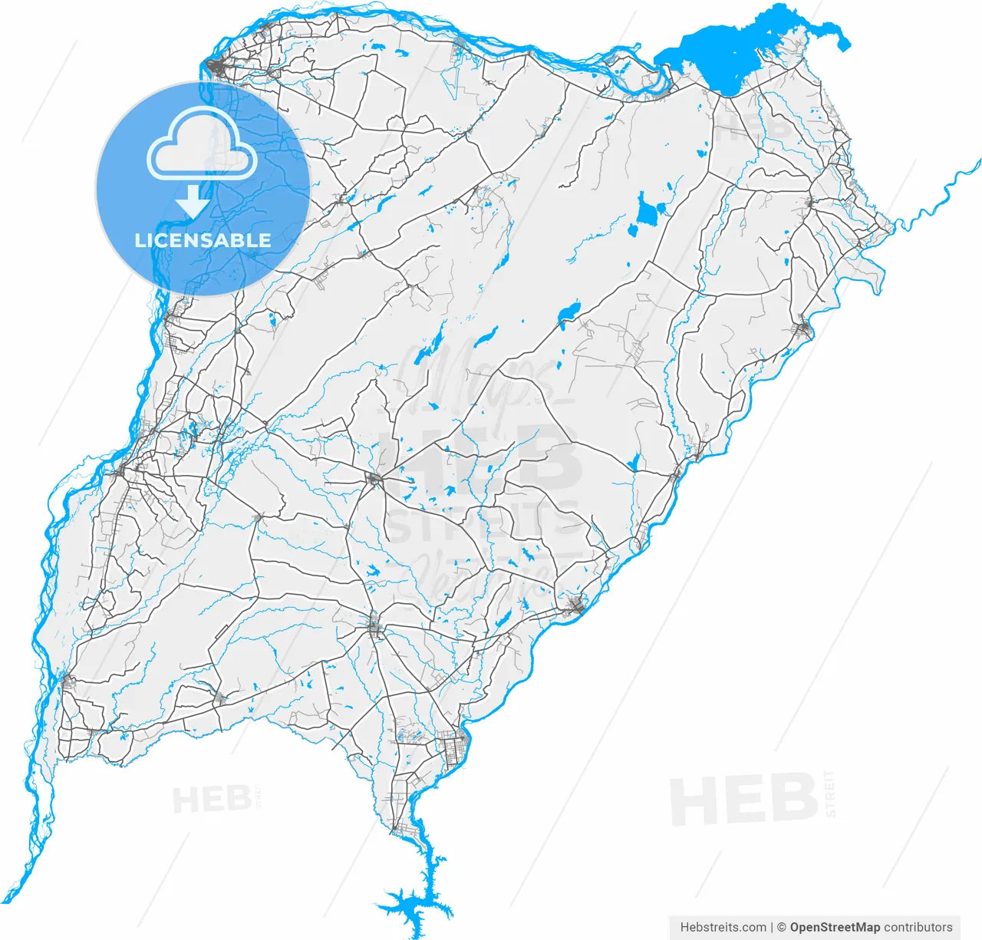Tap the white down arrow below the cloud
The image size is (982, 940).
click(x=193, y=203)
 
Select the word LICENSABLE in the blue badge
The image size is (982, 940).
click(x=203, y=240)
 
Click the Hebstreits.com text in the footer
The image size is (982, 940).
click(x=723, y=927)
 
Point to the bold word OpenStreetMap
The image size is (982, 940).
click(x=835, y=927)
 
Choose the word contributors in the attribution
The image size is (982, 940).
click(x=918, y=927)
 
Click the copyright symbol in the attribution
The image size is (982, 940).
click(x=782, y=927)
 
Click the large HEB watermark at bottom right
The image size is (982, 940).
click(x=743, y=800)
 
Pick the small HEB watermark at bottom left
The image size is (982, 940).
click(x=212, y=800)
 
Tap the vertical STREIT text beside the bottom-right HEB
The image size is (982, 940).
click(x=829, y=793)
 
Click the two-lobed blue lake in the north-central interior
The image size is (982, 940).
click(x=647, y=211)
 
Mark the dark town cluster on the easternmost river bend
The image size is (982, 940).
click(x=803, y=331)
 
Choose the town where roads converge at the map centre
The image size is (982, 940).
click(x=374, y=480)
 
